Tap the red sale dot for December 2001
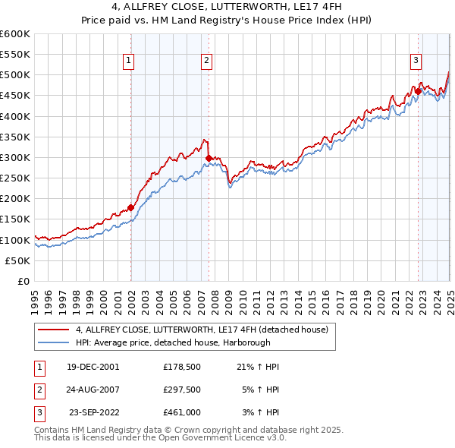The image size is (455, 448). [130, 207]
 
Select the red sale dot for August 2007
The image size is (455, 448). [209, 158]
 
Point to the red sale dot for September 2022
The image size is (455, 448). [418, 91]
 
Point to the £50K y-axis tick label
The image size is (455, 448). [18, 260]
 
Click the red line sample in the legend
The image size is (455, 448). [53, 330]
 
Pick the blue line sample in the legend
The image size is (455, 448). [53, 342]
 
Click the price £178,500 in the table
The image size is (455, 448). [181, 367]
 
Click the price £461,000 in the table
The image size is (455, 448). [181, 413]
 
